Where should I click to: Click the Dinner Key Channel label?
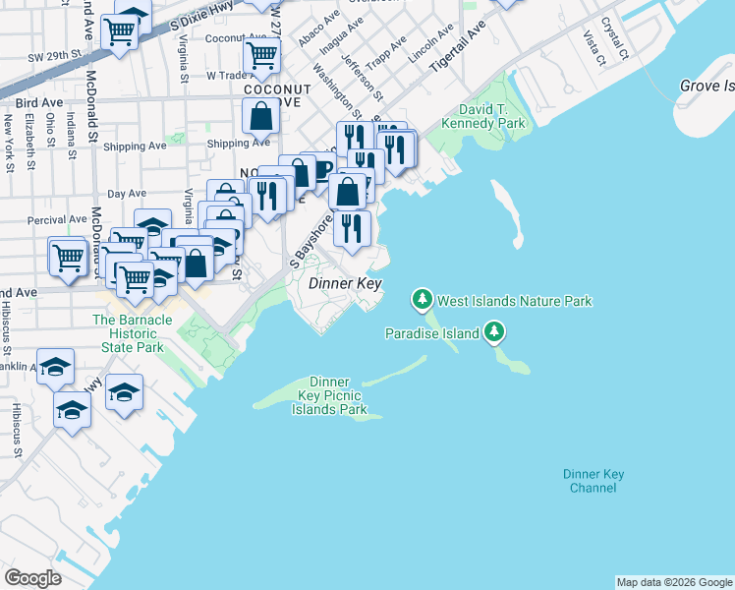[x=594, y=481]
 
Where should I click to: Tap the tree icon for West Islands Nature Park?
[x=423, y=297]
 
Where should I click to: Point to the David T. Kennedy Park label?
[x=491, y=116]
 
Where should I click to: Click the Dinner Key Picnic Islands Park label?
[x=329, y=395]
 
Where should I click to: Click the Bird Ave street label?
[x=40, y=102]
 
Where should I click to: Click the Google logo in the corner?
[x=32, y=578]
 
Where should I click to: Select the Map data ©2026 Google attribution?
[x=674, y=582]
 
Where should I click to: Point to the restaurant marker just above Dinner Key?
[x=351, y=228]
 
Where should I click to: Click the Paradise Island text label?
[x=431, y=333]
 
